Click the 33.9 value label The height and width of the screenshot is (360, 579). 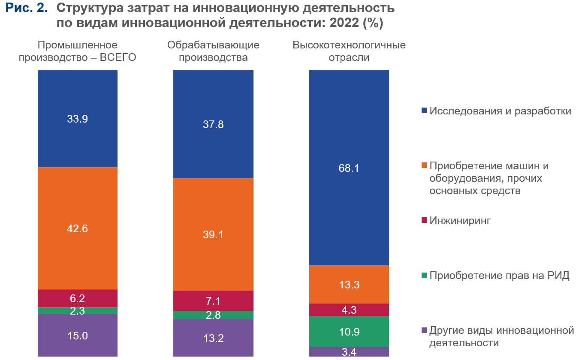coord(77,119)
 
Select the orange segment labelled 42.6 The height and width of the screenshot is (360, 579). coord(77,228)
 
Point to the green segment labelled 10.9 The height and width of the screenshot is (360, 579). coord(349,331)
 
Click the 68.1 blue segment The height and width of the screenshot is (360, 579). coord(349,168)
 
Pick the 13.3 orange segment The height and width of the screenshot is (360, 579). coord(349,285)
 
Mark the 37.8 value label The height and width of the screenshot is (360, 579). coord(213,125)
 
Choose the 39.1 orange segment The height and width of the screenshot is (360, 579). coord(213,234)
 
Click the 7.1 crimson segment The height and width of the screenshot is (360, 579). coord(213,301)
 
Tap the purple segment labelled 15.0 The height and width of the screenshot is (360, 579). coord(77,336)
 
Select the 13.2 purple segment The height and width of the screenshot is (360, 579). coord(213,338)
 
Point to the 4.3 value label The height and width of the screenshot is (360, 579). coord(349,310)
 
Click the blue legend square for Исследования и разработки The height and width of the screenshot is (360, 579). coord(425,111)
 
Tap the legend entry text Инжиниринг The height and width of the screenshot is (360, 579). coord(460,221)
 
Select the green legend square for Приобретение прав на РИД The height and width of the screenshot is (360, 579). coord(425,276)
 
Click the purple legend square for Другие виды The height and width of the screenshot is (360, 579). coord(425,330)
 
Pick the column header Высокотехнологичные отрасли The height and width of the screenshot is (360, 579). coord(349,51)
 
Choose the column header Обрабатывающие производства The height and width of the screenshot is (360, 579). coord(213,51)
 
